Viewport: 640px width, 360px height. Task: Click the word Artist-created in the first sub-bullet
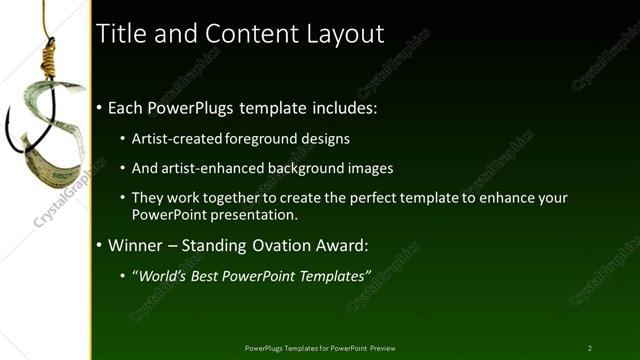(177, 138)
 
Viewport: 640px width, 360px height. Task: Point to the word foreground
(266, 138)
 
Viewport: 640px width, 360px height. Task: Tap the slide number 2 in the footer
(589, 348)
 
